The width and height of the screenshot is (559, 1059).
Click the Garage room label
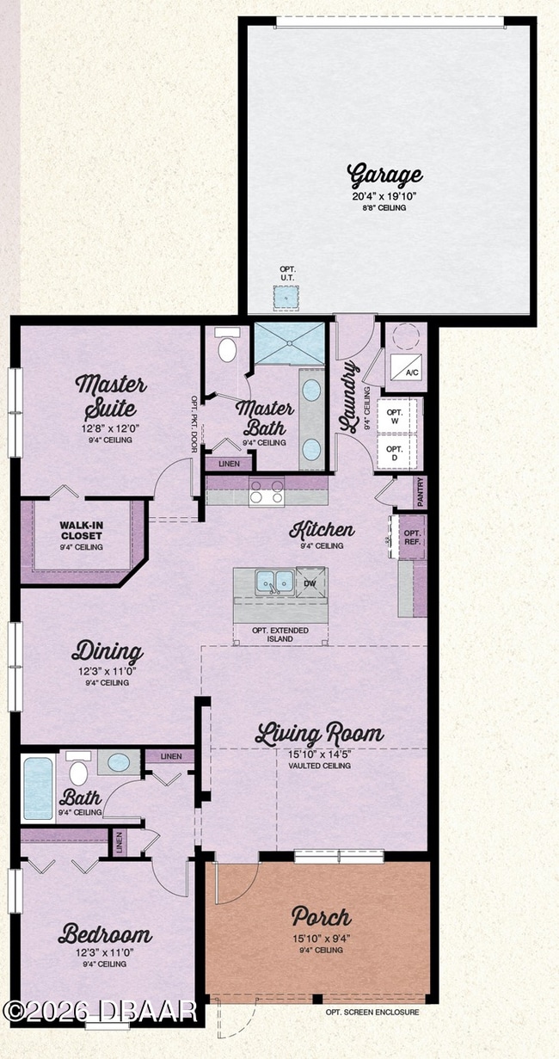(x=384, y=175)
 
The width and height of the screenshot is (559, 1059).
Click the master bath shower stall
(x=291, y=344)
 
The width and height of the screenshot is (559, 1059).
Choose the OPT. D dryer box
(x=395, y=453)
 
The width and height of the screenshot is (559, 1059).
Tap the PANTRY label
(x=420, y=492)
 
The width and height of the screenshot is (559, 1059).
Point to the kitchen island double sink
(x=274, y=582)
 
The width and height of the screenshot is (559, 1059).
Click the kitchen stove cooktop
(x=267, y=492)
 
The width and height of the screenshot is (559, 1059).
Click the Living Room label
(x=319, y=736)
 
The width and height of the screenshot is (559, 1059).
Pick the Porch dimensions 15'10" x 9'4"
(x=321, y=937)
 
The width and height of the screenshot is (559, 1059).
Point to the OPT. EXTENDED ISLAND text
(x=280, y=635)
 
